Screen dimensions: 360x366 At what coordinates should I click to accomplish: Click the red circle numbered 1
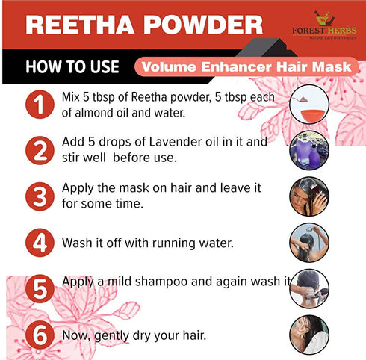35,105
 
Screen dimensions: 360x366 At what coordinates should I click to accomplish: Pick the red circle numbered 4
35,242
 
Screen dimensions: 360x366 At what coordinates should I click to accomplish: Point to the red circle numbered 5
35,288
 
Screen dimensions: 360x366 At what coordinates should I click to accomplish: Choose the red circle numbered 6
35,333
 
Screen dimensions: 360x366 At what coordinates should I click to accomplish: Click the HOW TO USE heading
72,66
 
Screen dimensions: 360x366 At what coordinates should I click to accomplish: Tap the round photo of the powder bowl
308,105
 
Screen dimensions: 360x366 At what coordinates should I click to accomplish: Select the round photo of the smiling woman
308,333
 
